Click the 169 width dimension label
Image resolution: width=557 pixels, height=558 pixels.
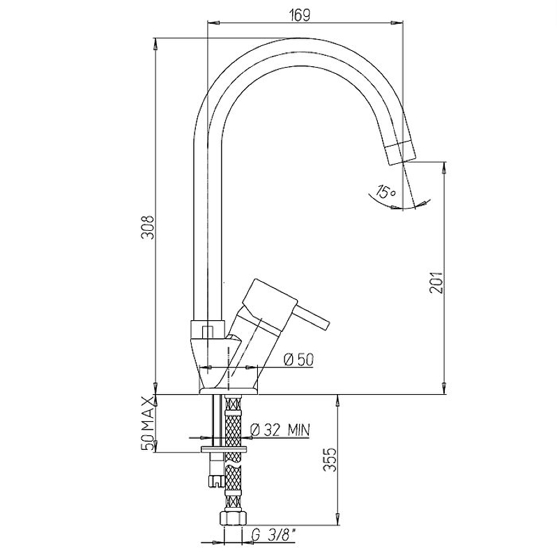(300, 15)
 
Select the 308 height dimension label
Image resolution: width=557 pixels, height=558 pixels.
(148, 227)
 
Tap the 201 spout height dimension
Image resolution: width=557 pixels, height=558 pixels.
(436, 282)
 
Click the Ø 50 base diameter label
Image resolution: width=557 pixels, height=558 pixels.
(299, 360)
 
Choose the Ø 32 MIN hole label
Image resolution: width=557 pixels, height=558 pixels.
(280, 430)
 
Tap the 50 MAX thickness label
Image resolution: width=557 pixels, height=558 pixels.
(148, 423)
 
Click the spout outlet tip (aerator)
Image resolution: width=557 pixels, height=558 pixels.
(402, 153)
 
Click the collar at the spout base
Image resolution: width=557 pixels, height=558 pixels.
(208, 329)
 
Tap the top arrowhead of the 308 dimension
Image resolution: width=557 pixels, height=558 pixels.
(155, 44)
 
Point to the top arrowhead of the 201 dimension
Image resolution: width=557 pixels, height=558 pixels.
(444, 168)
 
